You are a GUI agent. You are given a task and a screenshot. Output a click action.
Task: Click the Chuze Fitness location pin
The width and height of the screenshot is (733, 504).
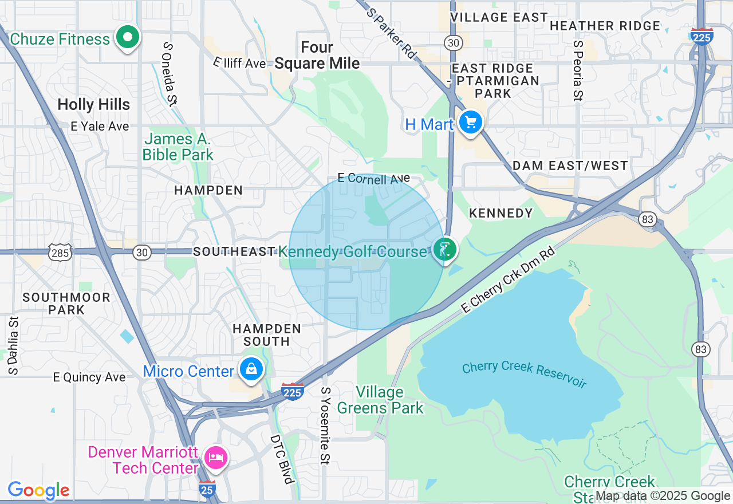coord(128,38)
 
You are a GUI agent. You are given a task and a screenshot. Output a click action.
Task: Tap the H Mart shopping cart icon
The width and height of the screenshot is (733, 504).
coord(470,122)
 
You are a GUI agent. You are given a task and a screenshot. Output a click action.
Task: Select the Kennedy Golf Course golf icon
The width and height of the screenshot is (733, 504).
coord(444,250)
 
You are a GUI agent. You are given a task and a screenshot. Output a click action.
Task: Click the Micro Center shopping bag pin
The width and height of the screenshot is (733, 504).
coord(251,369)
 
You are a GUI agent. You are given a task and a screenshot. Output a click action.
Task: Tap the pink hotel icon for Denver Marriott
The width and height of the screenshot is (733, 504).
coord(216,457)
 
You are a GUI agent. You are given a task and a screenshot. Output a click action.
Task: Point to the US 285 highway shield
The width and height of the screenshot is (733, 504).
coord(60,252)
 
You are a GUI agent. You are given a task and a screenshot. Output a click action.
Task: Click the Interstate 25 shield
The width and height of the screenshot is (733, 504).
coord(207,489)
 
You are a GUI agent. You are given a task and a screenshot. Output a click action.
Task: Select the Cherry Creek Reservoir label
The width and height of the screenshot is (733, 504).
coord(524,375)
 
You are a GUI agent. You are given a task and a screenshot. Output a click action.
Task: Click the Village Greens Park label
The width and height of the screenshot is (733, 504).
coord(380,400)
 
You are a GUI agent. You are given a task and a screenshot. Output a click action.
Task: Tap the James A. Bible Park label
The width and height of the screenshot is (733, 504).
coord(178,147)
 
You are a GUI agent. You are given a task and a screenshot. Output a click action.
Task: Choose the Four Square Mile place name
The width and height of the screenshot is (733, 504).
coord(317,55)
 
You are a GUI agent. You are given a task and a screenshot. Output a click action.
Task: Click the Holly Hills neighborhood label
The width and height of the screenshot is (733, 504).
coord(94,104)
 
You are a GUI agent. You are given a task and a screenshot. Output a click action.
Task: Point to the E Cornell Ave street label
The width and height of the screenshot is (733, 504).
coord(373,179)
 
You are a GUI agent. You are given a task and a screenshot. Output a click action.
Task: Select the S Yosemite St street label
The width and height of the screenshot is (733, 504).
coord(326,425)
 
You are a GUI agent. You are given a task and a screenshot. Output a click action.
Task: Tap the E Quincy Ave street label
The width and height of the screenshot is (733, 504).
coord(89,377)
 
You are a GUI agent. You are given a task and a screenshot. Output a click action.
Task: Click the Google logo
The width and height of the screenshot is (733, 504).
coord(38,490)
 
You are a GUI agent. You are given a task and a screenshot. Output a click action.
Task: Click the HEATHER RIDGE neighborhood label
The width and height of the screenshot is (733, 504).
coord(605,26)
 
